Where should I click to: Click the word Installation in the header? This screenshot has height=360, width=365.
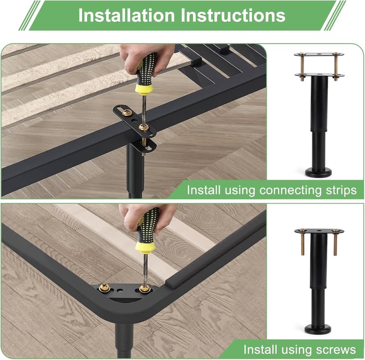pyautogui.click(x=126, y=15)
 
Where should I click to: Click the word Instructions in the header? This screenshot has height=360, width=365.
pyautogui.click(x=233, y=15)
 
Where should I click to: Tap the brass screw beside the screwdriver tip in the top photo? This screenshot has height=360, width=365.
pyautogui.click(x=144, y=128)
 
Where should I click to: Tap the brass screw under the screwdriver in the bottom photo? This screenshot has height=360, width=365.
pyautogui.click(x=145, y=288)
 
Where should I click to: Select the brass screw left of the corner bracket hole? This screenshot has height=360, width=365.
pyautogui.click(x=104, y=288)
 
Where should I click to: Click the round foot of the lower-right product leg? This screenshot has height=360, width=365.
pyautogui.click(x=318, y=329)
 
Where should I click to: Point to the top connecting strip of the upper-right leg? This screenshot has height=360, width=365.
pyautogui.click(x=319, y=54)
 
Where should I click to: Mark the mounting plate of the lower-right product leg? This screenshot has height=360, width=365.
pyautogui.click(x=319, y=231)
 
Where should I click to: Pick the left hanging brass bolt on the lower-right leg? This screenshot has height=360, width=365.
pyautogui.click(x=302, y=243)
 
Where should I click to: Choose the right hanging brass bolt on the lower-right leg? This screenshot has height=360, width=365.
pyautogui.click(x=335, y=243)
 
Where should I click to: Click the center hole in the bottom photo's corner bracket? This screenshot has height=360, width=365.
pyautogui.click(x=120, y=291)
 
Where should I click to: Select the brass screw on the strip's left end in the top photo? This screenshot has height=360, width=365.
pyautogui.click(x=127, y=113)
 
